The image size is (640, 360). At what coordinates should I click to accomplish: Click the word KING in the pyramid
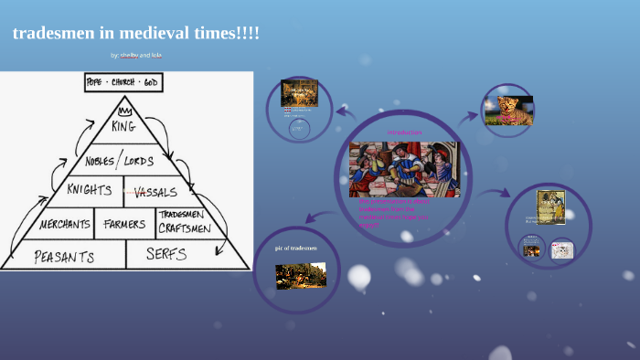click(x=124, y=126)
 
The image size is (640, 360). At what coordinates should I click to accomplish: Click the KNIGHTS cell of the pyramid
click(x=89, y=190)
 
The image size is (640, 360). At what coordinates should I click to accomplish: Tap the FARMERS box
click(x=124, y=224)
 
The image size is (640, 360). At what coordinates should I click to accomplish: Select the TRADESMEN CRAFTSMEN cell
click(x=184, y=222)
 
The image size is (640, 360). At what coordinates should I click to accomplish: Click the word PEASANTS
click(x=64, y=255)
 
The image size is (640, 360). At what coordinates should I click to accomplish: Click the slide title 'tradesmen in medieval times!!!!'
click(x=136, y=34)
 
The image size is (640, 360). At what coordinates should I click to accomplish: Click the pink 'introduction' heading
click(x=404, y=133)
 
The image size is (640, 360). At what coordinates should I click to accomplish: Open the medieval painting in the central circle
click(x=404, y=168)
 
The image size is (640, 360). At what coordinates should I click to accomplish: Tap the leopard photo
click(x=515, y=111)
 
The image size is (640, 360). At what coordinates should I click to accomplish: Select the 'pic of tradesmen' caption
click(x=296, y=248)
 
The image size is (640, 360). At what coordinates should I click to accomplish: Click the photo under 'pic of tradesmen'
click(x=301, y=275)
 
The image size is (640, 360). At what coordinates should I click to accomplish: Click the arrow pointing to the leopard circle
click(x=468, y=116)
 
